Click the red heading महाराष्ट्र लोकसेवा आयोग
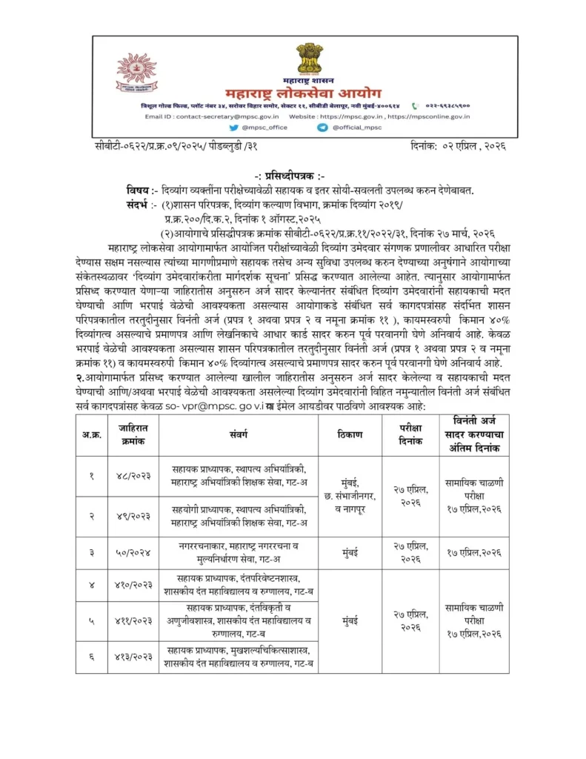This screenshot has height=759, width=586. tap(304, 96)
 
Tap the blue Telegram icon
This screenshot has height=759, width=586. tap(322, 127)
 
